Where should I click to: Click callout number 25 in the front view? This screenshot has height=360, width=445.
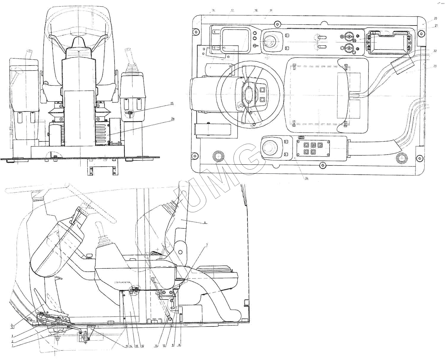(x=172, y=103)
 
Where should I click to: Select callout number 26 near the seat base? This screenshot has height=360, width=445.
(x=173, y=119)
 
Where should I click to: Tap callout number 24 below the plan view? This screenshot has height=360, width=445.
(x=306, y=179)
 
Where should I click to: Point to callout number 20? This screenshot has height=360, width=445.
(x=435, y=18)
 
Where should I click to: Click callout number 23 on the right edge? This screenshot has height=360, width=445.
(x=435, y=66)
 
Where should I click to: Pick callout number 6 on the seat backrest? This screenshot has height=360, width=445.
(x=205, y=222)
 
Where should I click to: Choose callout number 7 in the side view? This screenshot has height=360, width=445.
(x=207, y=245)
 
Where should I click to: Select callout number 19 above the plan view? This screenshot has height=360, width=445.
(x=271, y=10)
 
